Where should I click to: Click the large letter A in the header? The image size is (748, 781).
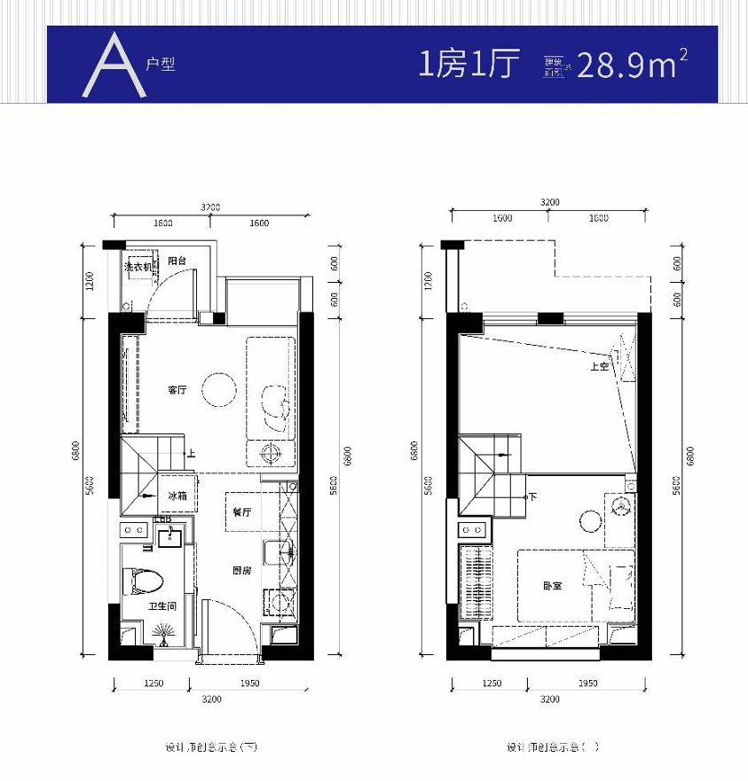114,66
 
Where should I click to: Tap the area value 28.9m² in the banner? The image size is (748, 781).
632,65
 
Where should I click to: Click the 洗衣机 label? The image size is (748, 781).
138,266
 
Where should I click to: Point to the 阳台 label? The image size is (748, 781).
177,262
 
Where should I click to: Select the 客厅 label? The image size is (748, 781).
177,391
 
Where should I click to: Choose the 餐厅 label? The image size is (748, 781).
242,512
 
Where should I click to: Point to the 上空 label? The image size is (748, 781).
599,366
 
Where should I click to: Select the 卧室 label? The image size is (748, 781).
553,586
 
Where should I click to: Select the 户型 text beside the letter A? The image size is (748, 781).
161,66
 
